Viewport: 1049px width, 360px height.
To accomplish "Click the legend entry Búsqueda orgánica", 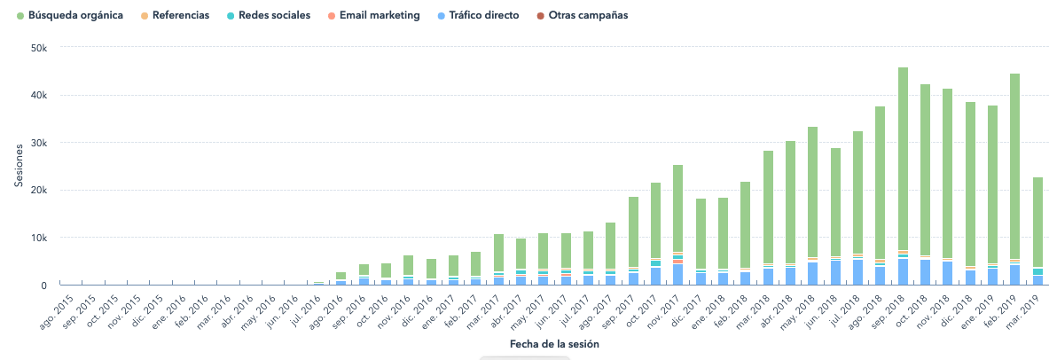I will [x=75, y=16].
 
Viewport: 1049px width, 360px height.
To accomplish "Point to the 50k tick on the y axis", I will [x=35, y=48].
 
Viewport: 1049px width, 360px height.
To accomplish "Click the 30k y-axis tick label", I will [x=35, y=143].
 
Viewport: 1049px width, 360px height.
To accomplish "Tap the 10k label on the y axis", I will [x=35, y=238].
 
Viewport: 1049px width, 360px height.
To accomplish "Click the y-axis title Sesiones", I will [x=18, y=166].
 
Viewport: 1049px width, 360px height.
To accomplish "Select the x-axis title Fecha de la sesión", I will [x=553, y=343].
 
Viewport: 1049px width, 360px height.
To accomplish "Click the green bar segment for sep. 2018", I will [x=903, y=160].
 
